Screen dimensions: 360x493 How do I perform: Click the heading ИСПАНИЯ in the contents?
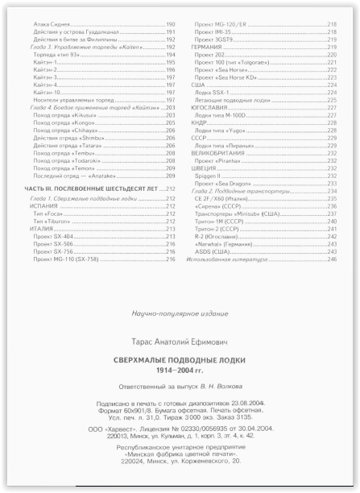38,206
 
